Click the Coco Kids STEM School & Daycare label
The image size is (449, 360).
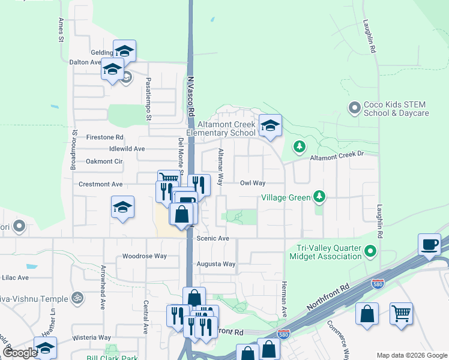(396, 109)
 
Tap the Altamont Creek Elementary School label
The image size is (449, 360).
(221, 128)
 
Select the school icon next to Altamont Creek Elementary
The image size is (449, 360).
(270, 126)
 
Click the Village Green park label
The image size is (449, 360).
(285, 197)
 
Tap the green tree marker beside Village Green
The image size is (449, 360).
(319, 196)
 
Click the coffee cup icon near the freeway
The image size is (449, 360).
(430, 245)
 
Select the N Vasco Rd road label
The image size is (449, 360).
(190, 95)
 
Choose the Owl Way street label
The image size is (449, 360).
(253, 183)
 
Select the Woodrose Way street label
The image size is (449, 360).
(144, 256)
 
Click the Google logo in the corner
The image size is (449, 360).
(20, 353)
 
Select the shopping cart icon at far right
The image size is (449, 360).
(401, 314)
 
